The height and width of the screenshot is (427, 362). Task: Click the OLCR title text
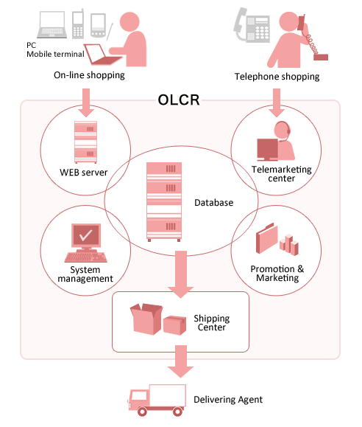click(x=179, y=100)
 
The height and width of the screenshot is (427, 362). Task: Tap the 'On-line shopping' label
click(x=89, y=75)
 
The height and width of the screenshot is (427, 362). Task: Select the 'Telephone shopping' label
click(x=277, y=77)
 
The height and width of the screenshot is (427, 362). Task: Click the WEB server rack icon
click(x=85, y=142)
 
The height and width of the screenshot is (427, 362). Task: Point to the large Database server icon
click(x=164, y=202)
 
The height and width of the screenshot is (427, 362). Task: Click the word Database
click(x=214, y=203)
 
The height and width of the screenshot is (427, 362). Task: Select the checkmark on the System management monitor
click(x=85, y=235)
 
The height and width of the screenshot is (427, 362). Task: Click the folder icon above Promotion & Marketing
click(x=266, y=238)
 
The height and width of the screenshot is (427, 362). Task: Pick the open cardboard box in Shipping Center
click(x=146, y=319)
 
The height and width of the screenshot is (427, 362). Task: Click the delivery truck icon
click(x=157, y=400)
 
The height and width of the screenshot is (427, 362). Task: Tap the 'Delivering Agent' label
click(x=228, y=400)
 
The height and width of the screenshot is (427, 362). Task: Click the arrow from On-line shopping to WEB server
click(x=86, y=103)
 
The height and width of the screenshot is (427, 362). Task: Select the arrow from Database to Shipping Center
click(x=181, y=274)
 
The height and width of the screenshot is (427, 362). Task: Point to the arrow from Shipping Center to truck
click(x=181, y=361)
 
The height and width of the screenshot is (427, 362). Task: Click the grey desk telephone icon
click(x=252, y=25)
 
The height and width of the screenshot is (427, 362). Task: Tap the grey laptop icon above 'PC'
click(x=52, y=24)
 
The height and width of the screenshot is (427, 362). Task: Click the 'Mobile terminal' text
click(x=55, y=54)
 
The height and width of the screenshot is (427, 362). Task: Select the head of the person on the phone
click(x=290, y=22)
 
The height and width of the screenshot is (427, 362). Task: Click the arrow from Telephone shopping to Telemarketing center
click(x=277, y=103)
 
